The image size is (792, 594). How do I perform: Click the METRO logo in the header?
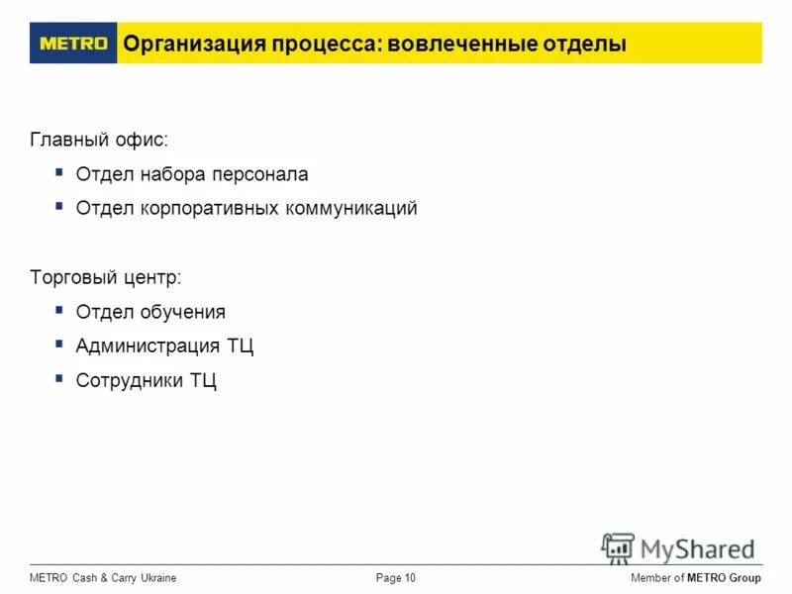click(x=73, y=44)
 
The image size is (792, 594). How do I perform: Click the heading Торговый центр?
click(x=106, y=277)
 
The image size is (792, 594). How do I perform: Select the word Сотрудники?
click(x=130, y=380)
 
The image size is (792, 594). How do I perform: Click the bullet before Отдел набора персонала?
click(x=60, y=172)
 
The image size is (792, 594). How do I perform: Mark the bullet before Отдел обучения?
click(x=60, y=310)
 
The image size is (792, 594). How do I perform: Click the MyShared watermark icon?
click(x=618, y=547)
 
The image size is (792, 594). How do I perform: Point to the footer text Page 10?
click(x=396, y=578)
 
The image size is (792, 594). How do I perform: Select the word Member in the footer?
click(x=650, y=578)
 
